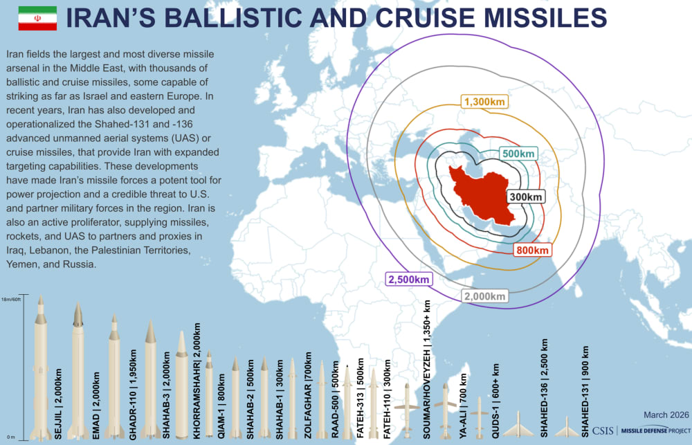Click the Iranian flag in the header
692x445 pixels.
(37, 19)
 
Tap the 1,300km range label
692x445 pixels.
(484, 102)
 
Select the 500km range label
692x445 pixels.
(518, 153)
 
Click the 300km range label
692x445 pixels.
(525, 197)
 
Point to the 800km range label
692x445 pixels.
(532, 250)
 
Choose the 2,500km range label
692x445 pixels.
(409, 280)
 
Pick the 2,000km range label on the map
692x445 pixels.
(485, 296)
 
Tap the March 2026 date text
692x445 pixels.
(666, 415)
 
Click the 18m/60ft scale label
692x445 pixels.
(12, 299)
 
